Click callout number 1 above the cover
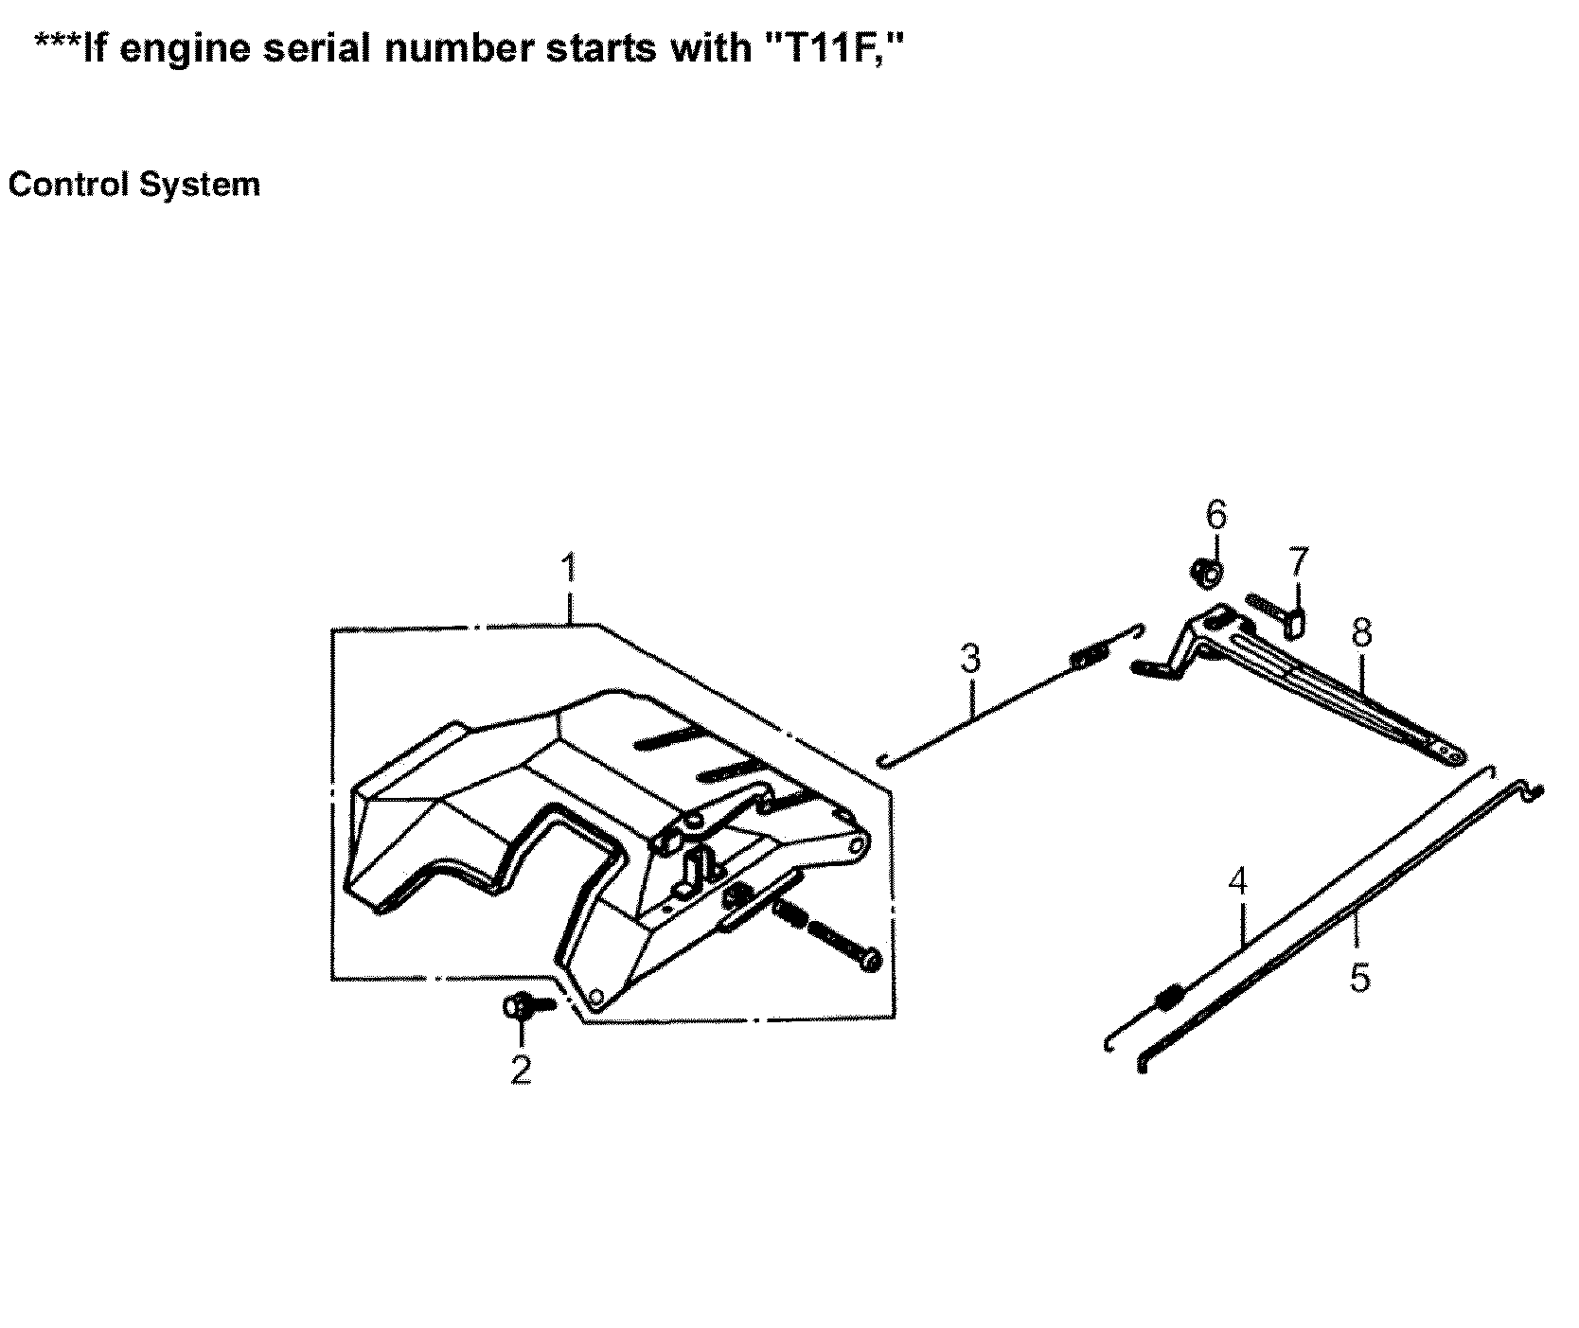(568, 571)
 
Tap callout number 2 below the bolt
(521, 1069)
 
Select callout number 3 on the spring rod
(970, 658)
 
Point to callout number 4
(1237, 882)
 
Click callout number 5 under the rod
(1359, 978)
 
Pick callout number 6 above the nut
(1216, 516)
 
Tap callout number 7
(1297, 562)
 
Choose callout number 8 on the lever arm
(1361, 631)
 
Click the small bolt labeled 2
(523, 1006)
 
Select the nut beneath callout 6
(1206, 572)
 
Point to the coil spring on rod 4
(1170, 997)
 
